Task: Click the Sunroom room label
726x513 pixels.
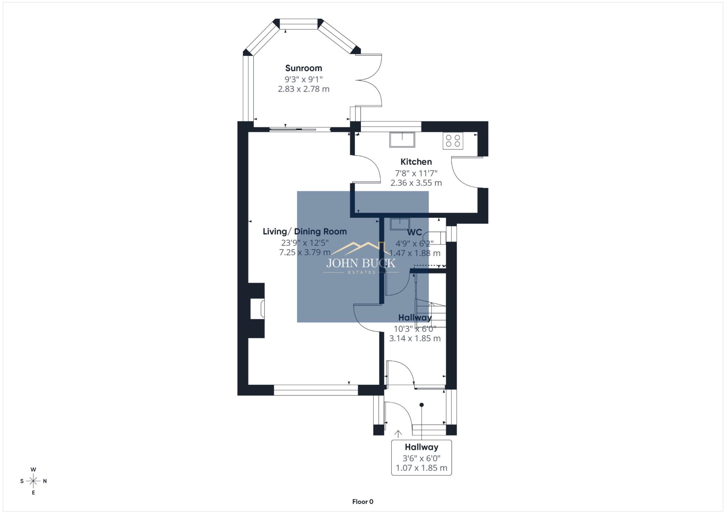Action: coord(303,68)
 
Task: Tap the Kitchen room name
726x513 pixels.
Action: coord(416,162)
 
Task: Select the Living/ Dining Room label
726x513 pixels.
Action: coord(305,232)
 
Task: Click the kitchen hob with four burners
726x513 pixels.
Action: coord(453,140)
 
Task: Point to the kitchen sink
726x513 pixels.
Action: coord(402,139)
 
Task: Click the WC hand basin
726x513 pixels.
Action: coord(400,224)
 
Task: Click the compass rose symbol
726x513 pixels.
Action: coord(33,481)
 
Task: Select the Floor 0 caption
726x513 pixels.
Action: coord(363,502)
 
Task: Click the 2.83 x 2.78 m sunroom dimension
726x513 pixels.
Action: coord(303,89)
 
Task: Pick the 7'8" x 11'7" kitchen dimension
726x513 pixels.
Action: coord(416,173)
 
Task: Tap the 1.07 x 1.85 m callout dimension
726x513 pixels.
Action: coord(421,468)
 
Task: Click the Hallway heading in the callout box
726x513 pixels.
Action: coord(421,447)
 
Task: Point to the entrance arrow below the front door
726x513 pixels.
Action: coord(398,434)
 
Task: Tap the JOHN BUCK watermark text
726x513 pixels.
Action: coord(361,263)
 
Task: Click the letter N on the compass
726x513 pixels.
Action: coord(45,481)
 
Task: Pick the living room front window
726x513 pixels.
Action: coord(315,390)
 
